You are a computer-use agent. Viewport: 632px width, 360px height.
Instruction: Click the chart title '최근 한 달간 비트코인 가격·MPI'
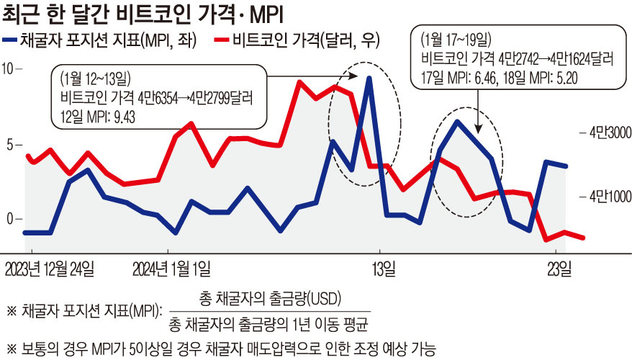[x=148, y=14]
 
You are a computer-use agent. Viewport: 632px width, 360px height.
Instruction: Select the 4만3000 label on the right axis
[x=608, y=132]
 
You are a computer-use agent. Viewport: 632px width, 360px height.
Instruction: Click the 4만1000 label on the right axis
[x=608, y=195]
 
